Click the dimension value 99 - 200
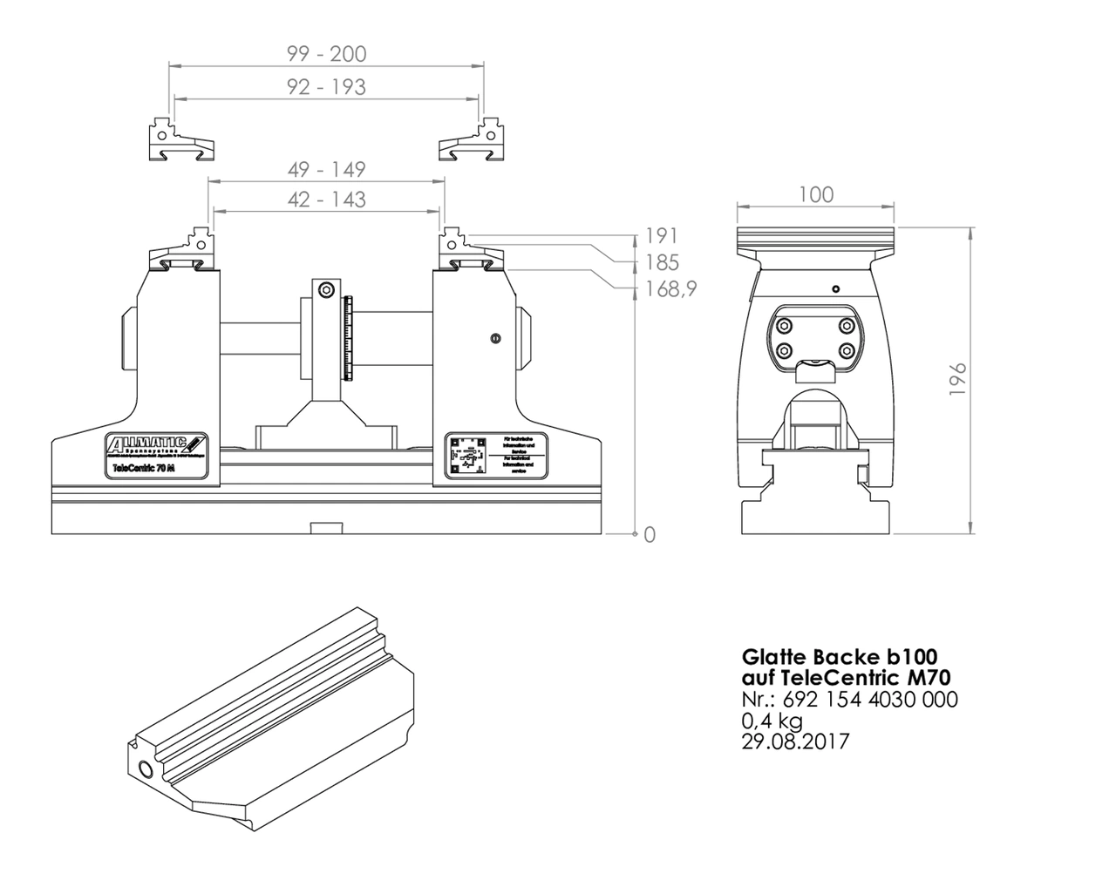coord(327,54)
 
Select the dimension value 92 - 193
coord(327,87)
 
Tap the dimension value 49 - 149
coord(327,169)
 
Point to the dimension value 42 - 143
coord(327,200)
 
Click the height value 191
coord(661,236)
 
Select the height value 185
coord(661,262)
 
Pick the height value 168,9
coord(670,288)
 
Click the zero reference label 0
coord(649,535)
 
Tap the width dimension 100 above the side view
coord(815,194)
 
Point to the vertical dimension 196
coord(957,380)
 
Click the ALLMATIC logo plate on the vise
coord(156,454)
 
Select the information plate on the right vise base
coord(496,454)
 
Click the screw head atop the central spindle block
coord(326,290)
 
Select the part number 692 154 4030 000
coord(870,700)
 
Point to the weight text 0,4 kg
coord(772,721)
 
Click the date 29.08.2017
coord(794,741)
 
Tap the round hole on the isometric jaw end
coord(145,770)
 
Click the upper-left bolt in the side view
coord(784,325)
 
